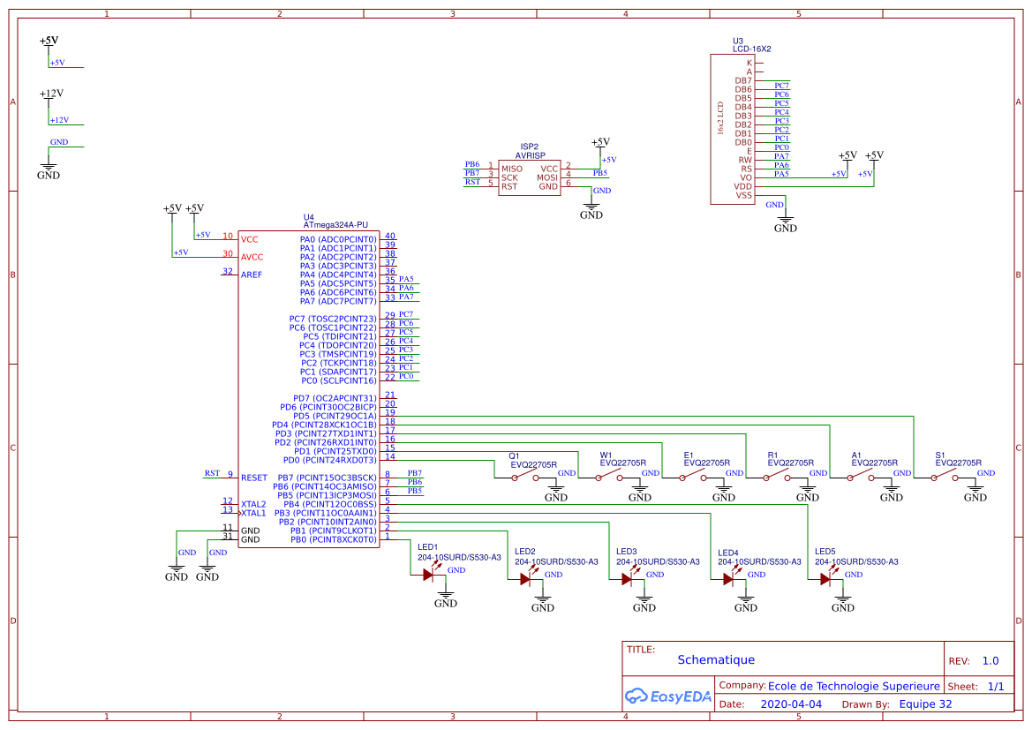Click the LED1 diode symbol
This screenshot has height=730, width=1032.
pos(429,575)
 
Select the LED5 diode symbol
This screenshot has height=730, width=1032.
pos(826,579)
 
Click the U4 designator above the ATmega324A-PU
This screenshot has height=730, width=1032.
pos(308,217)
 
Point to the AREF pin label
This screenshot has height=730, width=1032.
pos(252,275)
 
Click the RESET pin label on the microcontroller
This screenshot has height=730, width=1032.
pos(253,478)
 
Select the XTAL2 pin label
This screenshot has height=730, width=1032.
pos(253,504)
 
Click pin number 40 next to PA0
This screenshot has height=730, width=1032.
pos(389,237)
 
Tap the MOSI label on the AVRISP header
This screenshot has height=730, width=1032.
pos(547,177)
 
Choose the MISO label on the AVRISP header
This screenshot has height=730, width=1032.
pos(512,169)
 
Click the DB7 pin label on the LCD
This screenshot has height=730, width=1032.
pos(743,80)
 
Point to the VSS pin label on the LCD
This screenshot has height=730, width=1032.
pos(744,195)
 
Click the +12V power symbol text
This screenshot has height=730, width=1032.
pos(51,93)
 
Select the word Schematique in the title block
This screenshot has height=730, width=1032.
pos(716,659)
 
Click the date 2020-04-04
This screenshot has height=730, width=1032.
pos(791,704)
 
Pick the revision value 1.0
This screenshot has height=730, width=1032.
pos(991,661)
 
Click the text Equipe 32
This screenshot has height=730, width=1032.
pos(925,704)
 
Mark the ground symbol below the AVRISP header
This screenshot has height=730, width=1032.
pos(591,211)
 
